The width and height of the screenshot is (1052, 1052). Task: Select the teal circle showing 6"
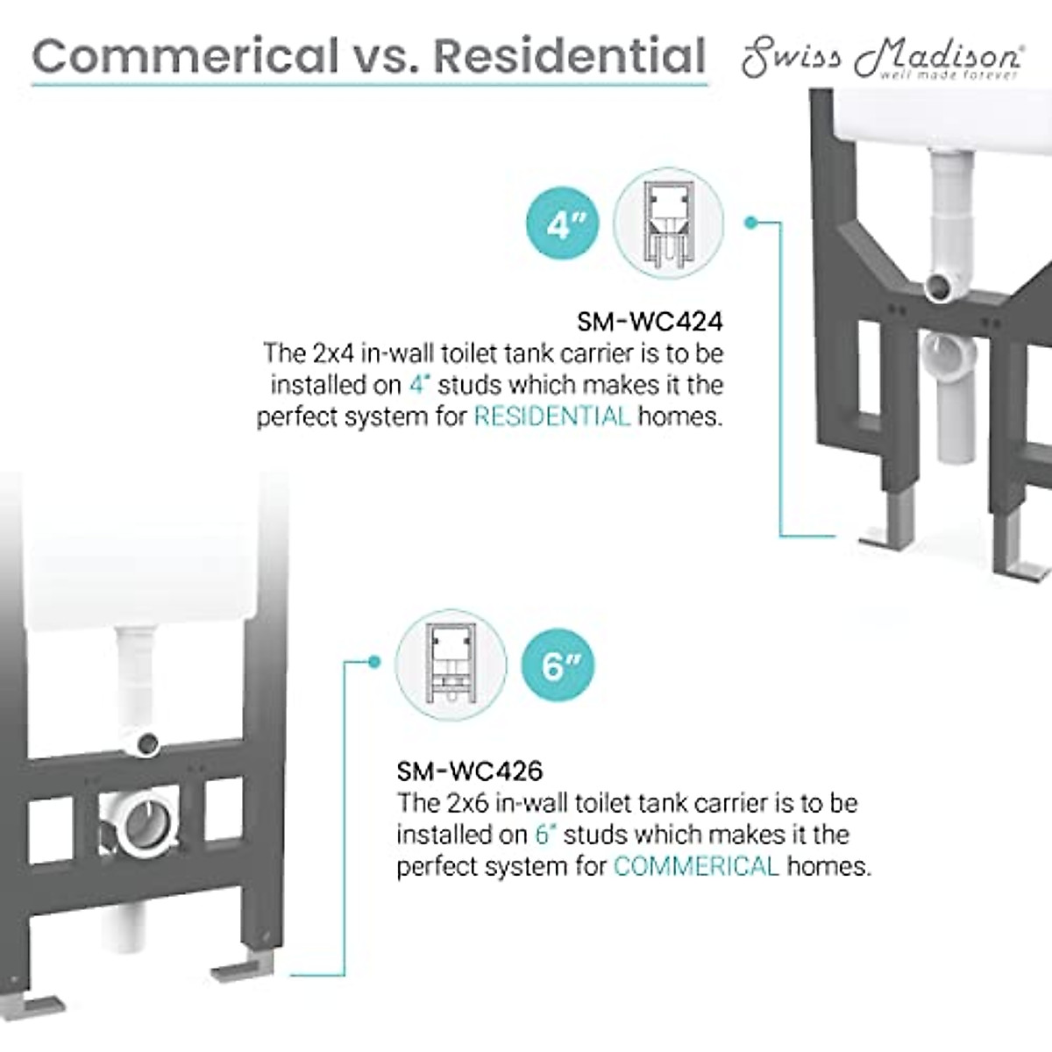(556, 667)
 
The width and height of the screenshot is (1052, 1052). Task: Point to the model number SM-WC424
(650, 323)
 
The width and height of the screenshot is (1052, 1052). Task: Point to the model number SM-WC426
(470, 771)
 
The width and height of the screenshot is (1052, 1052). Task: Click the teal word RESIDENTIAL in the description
(551, 416)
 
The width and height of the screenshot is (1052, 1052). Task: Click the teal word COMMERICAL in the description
(696, 867)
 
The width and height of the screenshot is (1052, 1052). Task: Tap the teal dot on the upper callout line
(750, 222)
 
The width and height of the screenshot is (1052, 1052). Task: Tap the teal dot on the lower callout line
(374, 661)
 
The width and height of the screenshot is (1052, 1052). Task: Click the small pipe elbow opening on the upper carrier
(937, 286)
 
